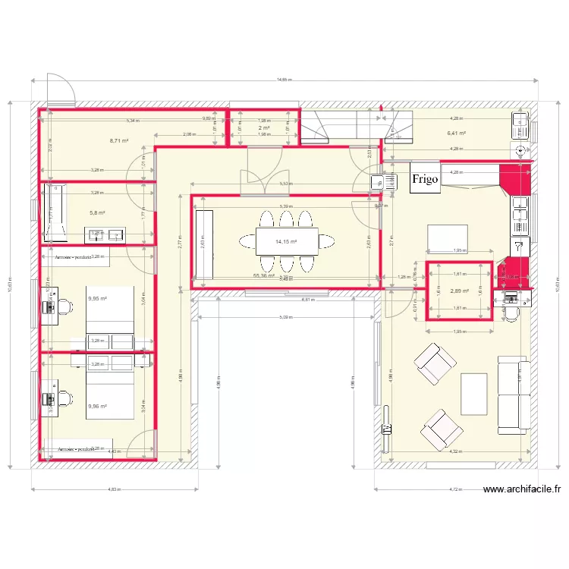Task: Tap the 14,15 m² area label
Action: (286, 243)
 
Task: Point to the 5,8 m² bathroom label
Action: (96, 213)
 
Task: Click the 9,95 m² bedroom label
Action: (97, 299)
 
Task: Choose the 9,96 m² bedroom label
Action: (97, 407)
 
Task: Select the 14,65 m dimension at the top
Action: (284, 79)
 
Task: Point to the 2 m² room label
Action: (264, 128)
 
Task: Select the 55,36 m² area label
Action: (264, 276)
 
